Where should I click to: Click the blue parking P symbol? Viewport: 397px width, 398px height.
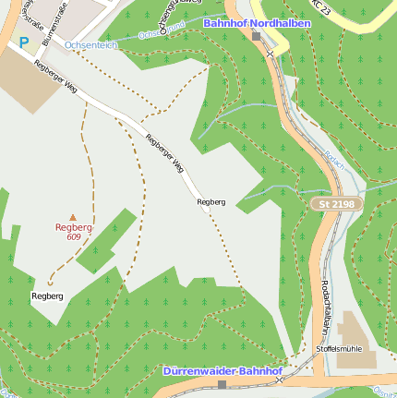(x=23, y=42)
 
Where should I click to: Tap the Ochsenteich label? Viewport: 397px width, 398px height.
(x=90, y=43)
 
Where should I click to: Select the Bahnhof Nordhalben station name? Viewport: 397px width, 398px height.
(x=245, y=22)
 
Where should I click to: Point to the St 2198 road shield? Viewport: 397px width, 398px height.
(x=335, y=203)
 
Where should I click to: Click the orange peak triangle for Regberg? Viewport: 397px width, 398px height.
(x=74, y=216)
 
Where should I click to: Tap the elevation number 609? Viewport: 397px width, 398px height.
(x=74, y=236)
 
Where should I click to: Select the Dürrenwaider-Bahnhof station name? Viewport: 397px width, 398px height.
(x=223, y=370)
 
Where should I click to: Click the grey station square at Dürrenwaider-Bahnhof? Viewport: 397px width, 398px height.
(x=222, y=384)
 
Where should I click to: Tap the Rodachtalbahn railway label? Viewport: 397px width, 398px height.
(x=326, y=309)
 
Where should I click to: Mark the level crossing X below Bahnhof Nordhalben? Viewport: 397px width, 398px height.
(x=271, y=54)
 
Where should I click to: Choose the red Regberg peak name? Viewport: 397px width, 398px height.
(x=74, y=226)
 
